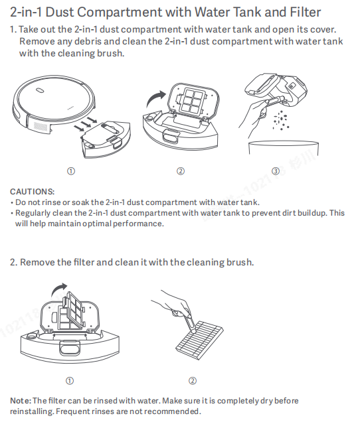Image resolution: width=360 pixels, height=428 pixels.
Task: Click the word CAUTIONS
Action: click(33, 192)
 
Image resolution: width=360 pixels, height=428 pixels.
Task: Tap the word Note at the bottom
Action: click(21, 401)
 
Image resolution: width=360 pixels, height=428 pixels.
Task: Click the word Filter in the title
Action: click(305, 13)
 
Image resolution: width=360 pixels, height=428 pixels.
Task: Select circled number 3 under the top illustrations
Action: click(276, 171)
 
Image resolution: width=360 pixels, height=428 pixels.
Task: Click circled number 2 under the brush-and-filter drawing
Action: click(193, 381)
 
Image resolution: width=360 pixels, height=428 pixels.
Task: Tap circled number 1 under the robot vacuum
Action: click(71, 171)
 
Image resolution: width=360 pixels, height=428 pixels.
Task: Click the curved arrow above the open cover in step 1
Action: click(155, 98)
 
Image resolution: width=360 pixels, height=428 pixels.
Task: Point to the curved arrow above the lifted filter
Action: click(58, 289)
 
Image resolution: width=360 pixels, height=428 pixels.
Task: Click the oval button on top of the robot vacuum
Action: click(40, 90)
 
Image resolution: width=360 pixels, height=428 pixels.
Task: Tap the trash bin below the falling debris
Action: click(284, 148)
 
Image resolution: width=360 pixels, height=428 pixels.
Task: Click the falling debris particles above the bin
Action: click(281, 120)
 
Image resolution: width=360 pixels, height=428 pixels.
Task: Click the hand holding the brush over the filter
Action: click(174, 305)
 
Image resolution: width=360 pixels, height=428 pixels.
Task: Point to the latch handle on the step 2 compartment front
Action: click(70, 348)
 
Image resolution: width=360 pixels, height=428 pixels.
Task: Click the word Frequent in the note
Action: click(73, 411)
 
